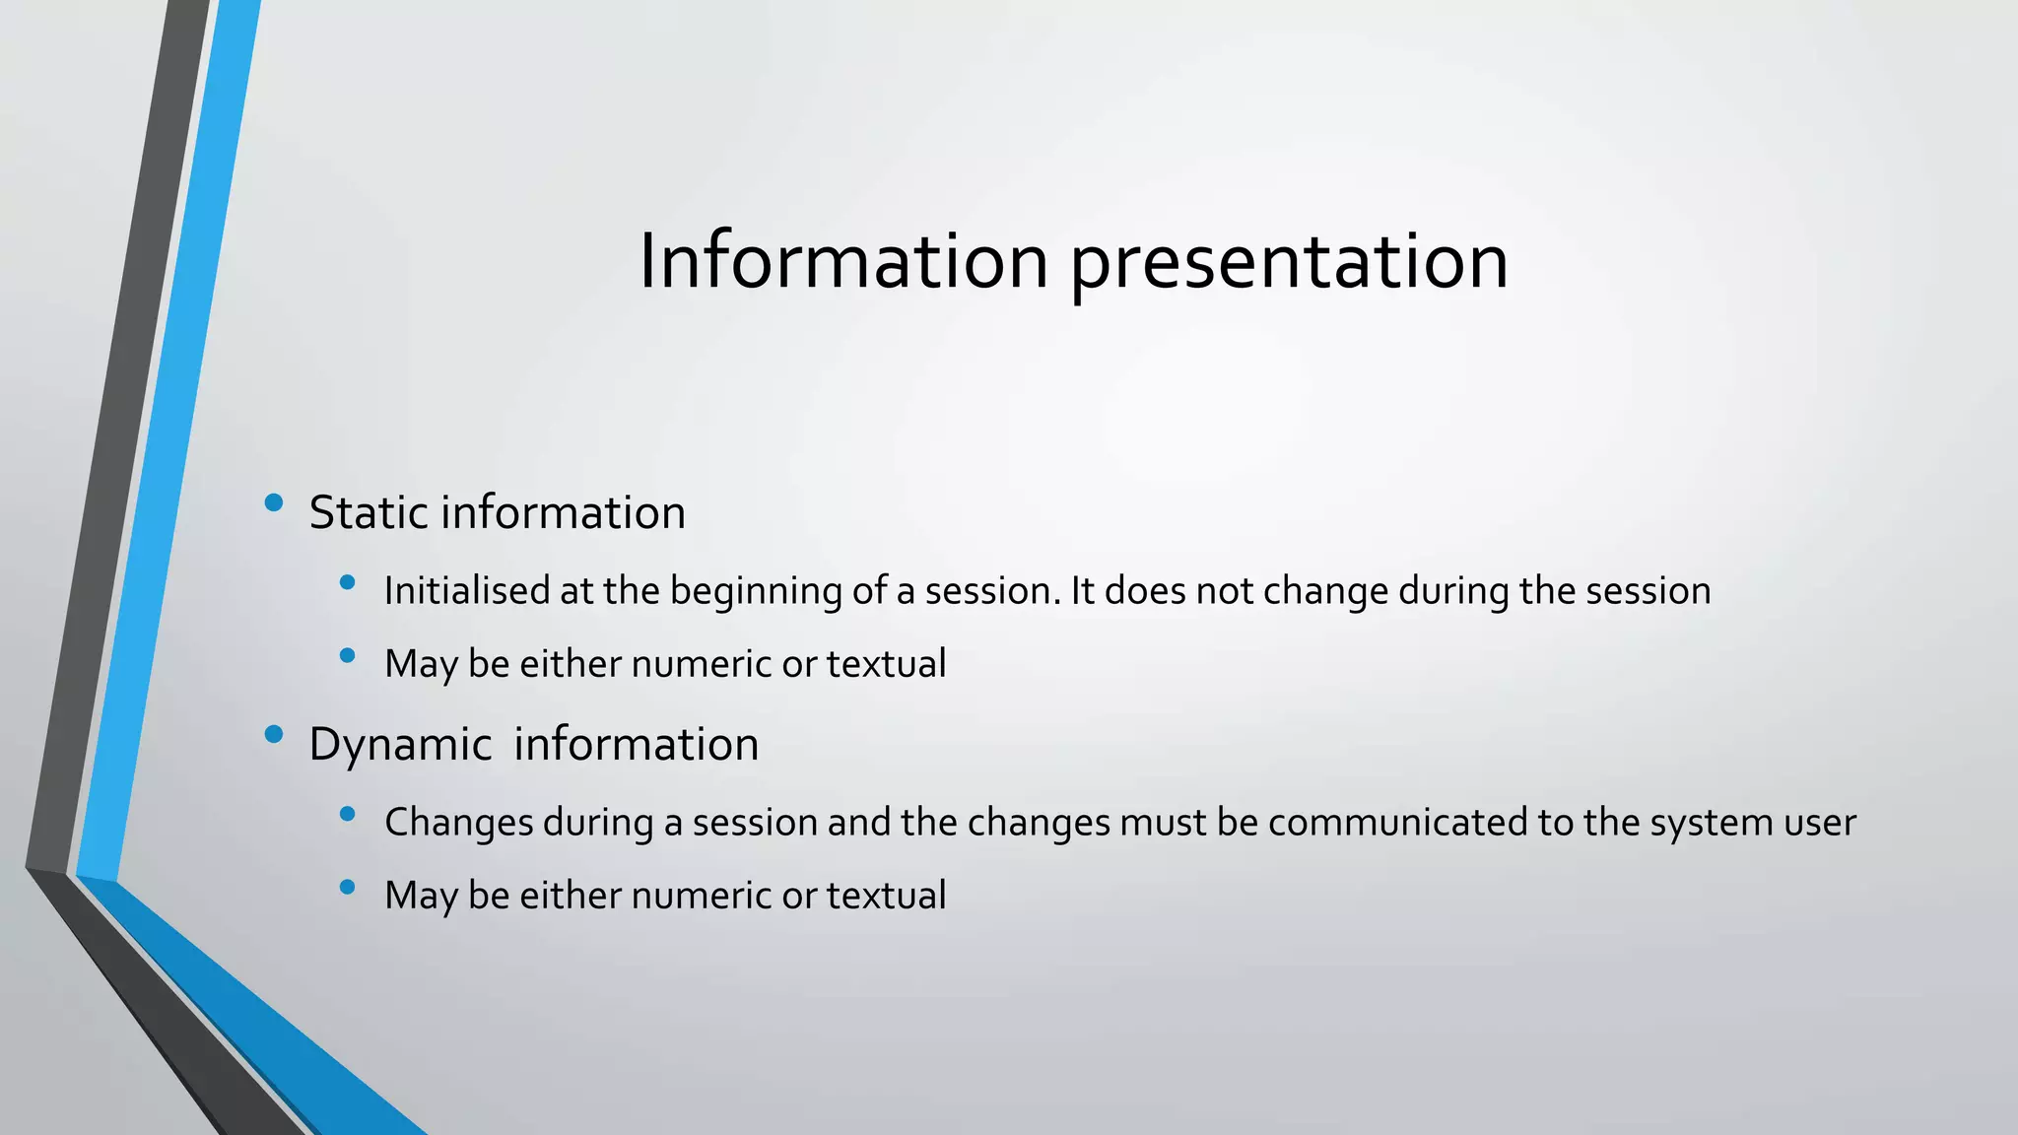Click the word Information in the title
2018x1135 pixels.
point(842,261)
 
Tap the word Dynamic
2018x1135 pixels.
point(400,745)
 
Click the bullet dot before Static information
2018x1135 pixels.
point(274,503)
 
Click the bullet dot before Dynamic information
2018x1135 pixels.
point(274,734)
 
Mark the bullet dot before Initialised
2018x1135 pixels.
point(347,582)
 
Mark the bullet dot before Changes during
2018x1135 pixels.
point(347,814)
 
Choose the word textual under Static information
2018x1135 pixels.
point(886,663)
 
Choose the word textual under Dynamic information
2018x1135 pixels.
point(886,895)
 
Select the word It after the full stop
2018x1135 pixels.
point(1082,591)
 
